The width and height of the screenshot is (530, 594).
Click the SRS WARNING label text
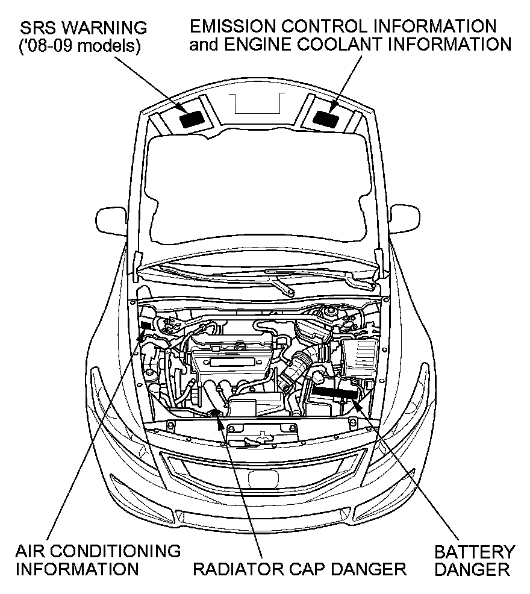pos(83,28)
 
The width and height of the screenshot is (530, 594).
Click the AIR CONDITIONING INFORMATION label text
pos(98,560)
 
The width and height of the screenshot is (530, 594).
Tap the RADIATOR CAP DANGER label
pos(299,569)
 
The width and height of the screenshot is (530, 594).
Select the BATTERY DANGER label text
pos(475,560)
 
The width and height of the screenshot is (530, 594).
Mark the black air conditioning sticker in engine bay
pos(145,325)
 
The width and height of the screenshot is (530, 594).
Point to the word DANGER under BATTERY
pos(475,569)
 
